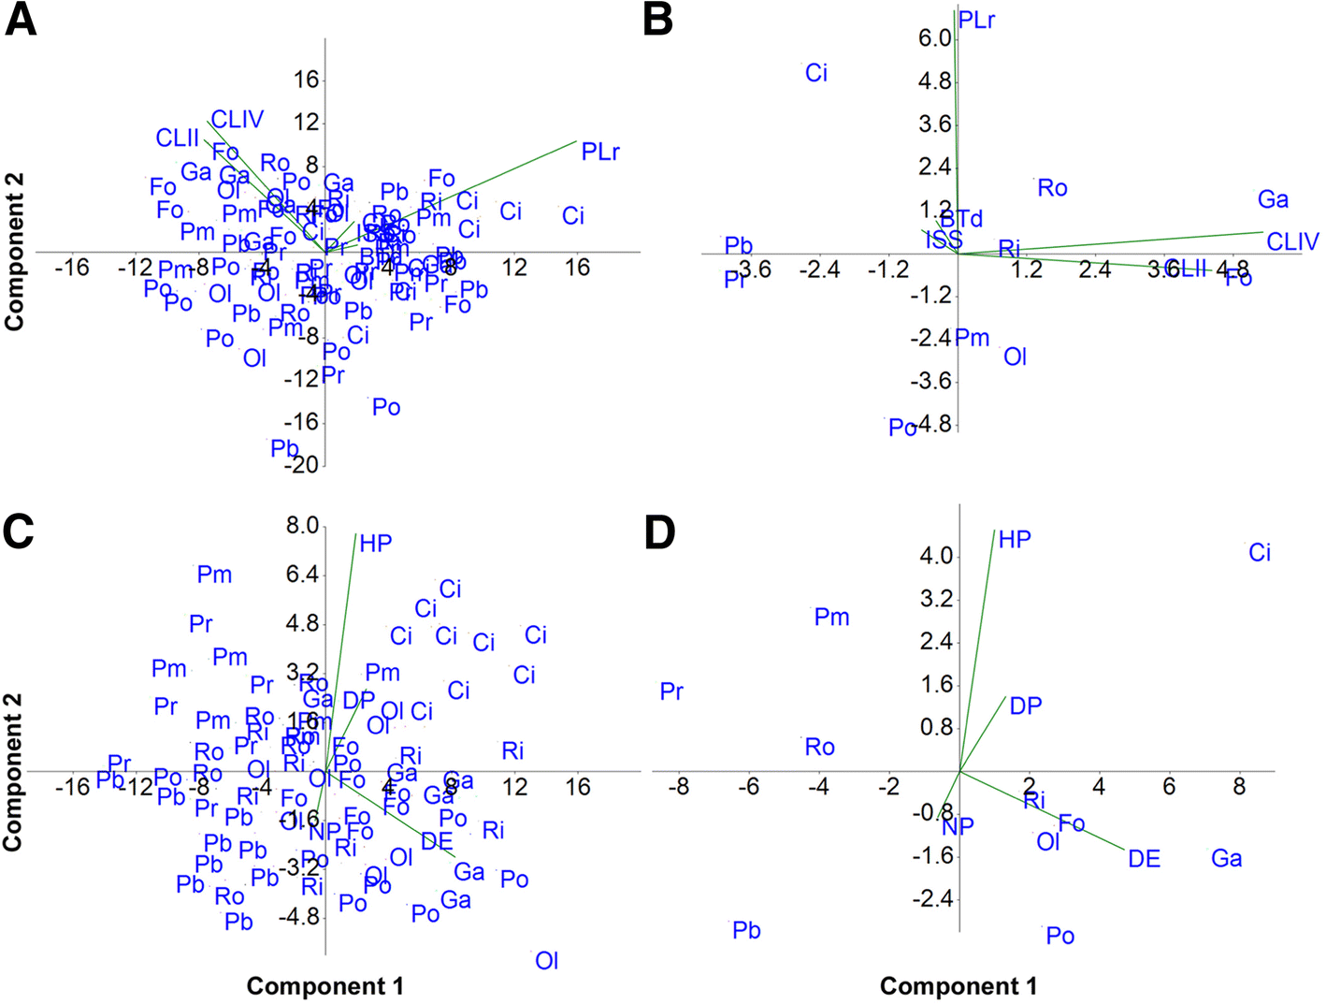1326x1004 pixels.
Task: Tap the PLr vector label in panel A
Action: [599, 152]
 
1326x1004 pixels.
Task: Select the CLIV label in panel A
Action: [237, 120]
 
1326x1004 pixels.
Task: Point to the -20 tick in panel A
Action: [305, 464]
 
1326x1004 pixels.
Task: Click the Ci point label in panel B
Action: [815, 73]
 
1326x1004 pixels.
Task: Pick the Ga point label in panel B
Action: [1273, 199]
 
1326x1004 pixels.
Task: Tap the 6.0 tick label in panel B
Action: [934, 38]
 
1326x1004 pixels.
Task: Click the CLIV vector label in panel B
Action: [1291, 242]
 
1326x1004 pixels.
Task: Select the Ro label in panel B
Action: [1052, 188]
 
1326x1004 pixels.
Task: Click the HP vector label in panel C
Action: [376, 544]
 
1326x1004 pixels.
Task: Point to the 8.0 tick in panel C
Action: [302, 525]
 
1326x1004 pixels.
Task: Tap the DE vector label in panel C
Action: [437, 841]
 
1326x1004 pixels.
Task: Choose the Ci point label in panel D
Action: [1260, 553]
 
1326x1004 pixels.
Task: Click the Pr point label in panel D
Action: [671, 692]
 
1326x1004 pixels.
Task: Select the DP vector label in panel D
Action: [1025, 706]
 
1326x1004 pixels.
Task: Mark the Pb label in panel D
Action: [746, 931]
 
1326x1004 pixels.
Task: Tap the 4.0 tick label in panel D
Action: [936, 557]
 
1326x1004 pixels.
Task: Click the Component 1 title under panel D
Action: [958, 986]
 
